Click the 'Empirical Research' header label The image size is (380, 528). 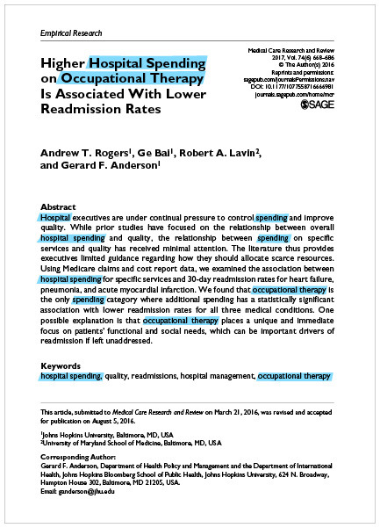point(71,33)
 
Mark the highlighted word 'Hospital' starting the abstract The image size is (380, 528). point(55,216)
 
